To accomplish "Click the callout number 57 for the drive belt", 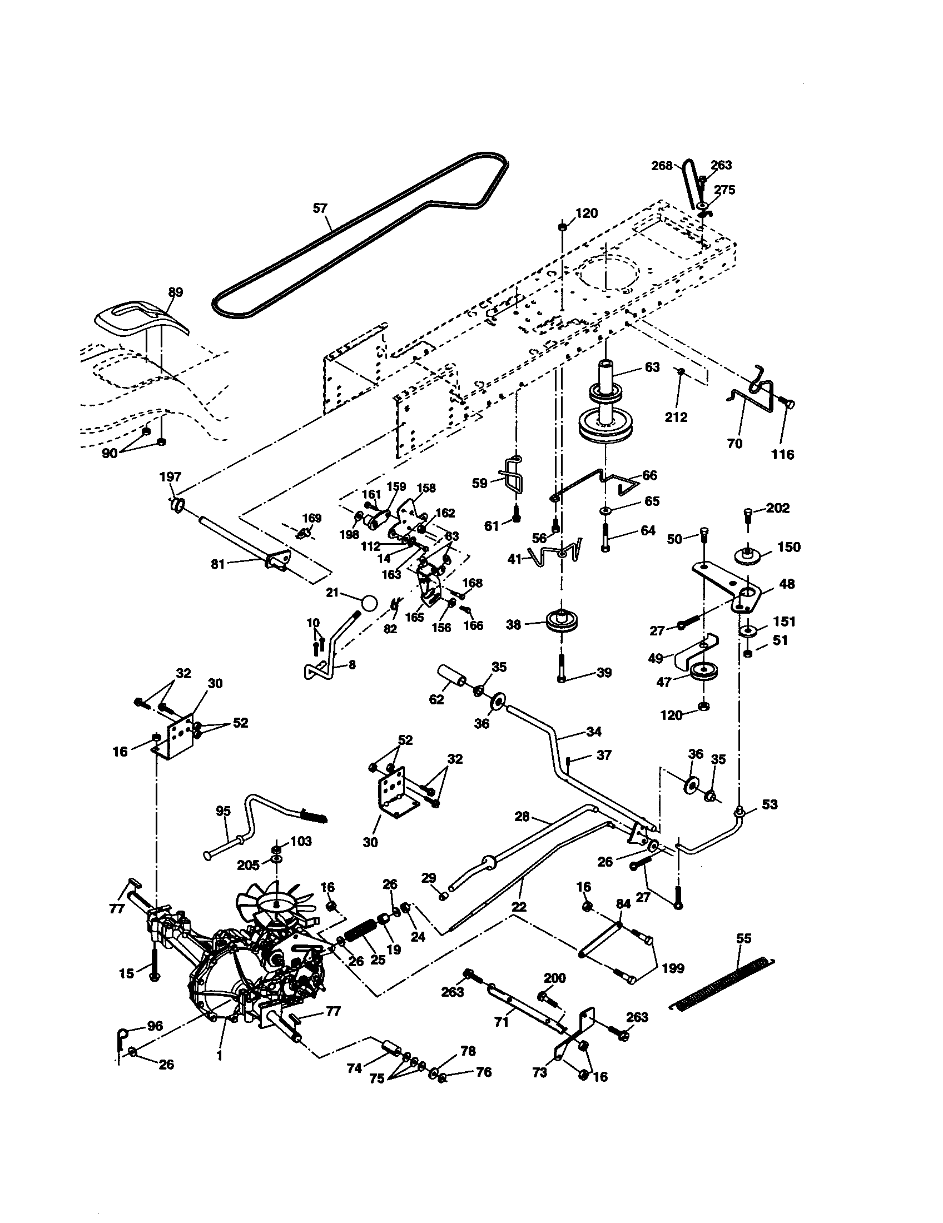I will coord(319,208).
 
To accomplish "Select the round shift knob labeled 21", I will coord(369,604).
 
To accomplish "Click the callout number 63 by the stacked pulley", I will coord(652,367).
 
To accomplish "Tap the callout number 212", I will coord(676,417).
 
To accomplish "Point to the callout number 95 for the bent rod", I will coord(224,811).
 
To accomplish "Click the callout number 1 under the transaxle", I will coord(220,1055).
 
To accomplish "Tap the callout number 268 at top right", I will coord(662,166).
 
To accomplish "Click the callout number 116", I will coord(783,454).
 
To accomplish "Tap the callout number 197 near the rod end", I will coord(170,476).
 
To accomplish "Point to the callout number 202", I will coord(778,508).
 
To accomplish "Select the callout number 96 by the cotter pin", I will coord(155,1026).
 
